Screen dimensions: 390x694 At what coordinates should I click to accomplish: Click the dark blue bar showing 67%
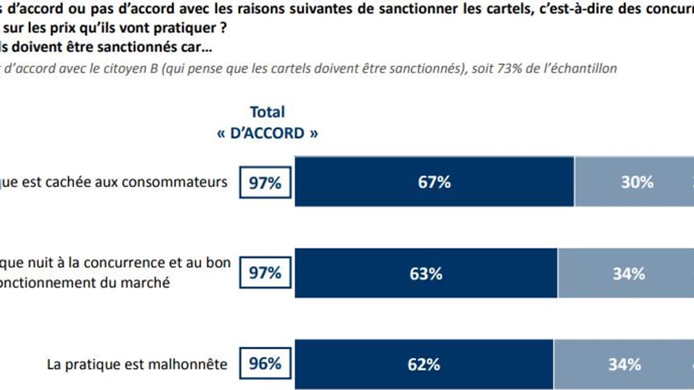[435, 182]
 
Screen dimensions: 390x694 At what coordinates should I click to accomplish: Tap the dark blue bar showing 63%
[426, 274]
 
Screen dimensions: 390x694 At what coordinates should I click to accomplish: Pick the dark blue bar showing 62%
[424, 364]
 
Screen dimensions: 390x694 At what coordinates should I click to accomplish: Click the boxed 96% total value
[265, 364]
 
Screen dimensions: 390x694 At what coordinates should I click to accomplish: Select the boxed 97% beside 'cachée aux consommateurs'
[265, 183]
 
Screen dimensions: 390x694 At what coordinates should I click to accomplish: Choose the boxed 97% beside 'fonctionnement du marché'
[265, 274]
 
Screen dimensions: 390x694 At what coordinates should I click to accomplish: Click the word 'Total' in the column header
[267, 112]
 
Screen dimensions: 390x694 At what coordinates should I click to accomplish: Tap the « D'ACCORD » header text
[268, 134]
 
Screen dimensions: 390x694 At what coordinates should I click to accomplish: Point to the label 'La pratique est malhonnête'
[137, 364]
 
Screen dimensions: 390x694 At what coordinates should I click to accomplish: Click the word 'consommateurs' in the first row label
[182, 182]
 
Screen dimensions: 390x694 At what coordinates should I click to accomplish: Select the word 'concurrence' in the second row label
[112, 264]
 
